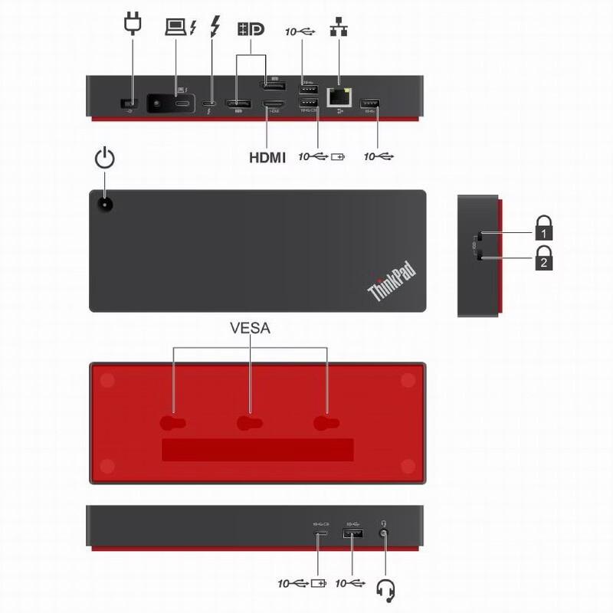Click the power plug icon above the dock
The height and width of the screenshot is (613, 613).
point(133,24)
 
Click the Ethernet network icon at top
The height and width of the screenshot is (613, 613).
point(337,28)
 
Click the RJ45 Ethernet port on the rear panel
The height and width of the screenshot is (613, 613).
point(338,97)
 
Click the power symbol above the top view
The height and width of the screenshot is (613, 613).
point(104,159)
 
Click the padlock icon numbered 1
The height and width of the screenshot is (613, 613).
point(543,228)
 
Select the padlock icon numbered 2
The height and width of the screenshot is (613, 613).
point(543,258)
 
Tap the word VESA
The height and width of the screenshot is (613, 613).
point(251,329)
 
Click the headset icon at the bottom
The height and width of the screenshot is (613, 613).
point(386,589)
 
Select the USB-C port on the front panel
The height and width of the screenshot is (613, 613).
point(320,534)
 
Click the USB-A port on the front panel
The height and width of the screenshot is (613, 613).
point(352,533)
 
